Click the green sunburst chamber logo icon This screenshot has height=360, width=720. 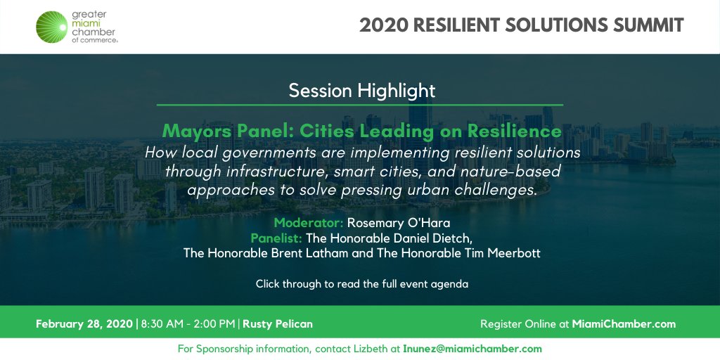coord(55,26)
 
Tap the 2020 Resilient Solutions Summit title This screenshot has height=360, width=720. coord(521,25)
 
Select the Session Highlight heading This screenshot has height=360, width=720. coord(362,91)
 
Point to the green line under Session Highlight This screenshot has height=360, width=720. coord(360,105)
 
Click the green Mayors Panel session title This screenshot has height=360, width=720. coord(361,131)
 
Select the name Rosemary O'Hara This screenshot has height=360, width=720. coord(398,223)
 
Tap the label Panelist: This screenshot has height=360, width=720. coord(276,238)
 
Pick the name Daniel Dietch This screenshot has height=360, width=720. coord(432,238)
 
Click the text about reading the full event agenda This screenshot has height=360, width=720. coord(361,285)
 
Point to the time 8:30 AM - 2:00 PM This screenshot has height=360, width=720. coord(188,324)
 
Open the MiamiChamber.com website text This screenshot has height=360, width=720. coord(624,324)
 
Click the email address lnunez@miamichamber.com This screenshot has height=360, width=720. coord(472,349)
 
